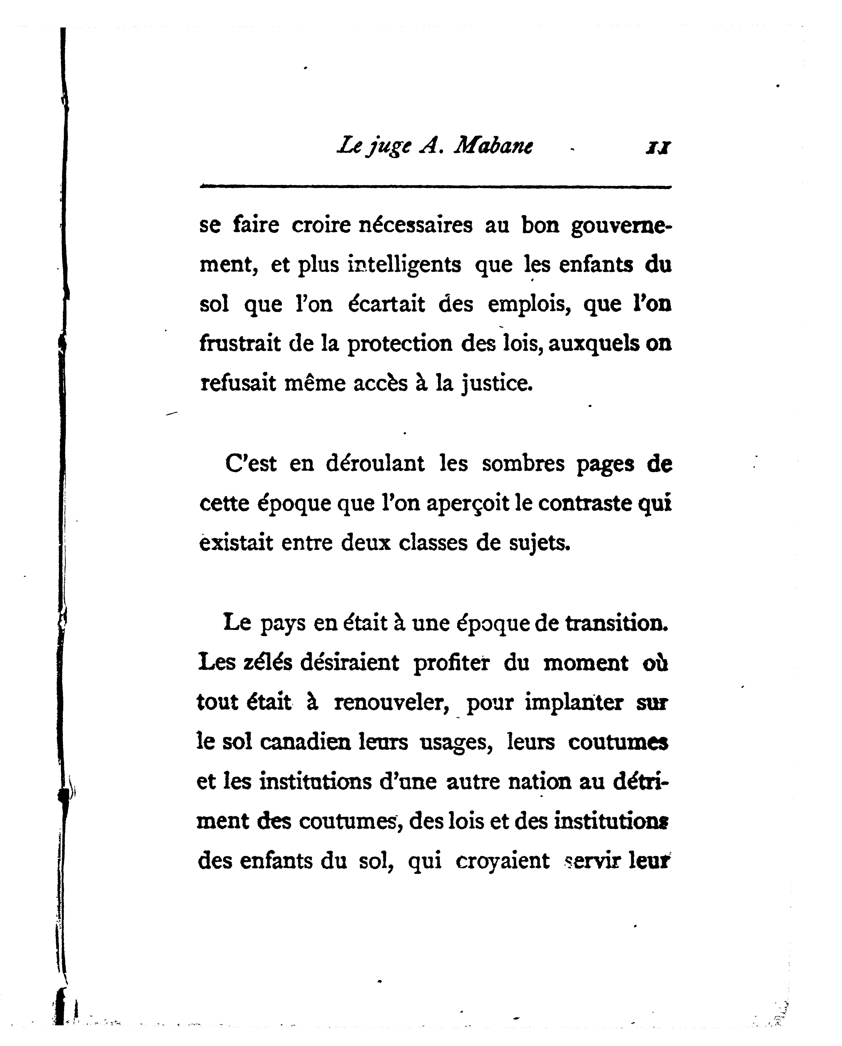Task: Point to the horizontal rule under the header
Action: (x=435, y=186)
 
